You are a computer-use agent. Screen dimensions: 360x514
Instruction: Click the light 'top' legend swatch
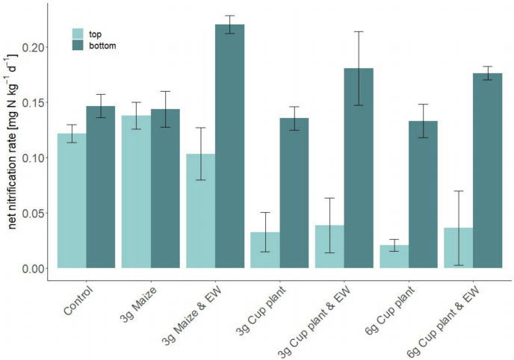pyautogui.click(x=78, y=34)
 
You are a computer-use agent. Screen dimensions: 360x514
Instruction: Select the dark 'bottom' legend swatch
pyautogui.click(x=78, y=46)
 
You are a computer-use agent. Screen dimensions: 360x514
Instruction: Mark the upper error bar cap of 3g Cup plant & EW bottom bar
pyautogui.click(x=359, y=31)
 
